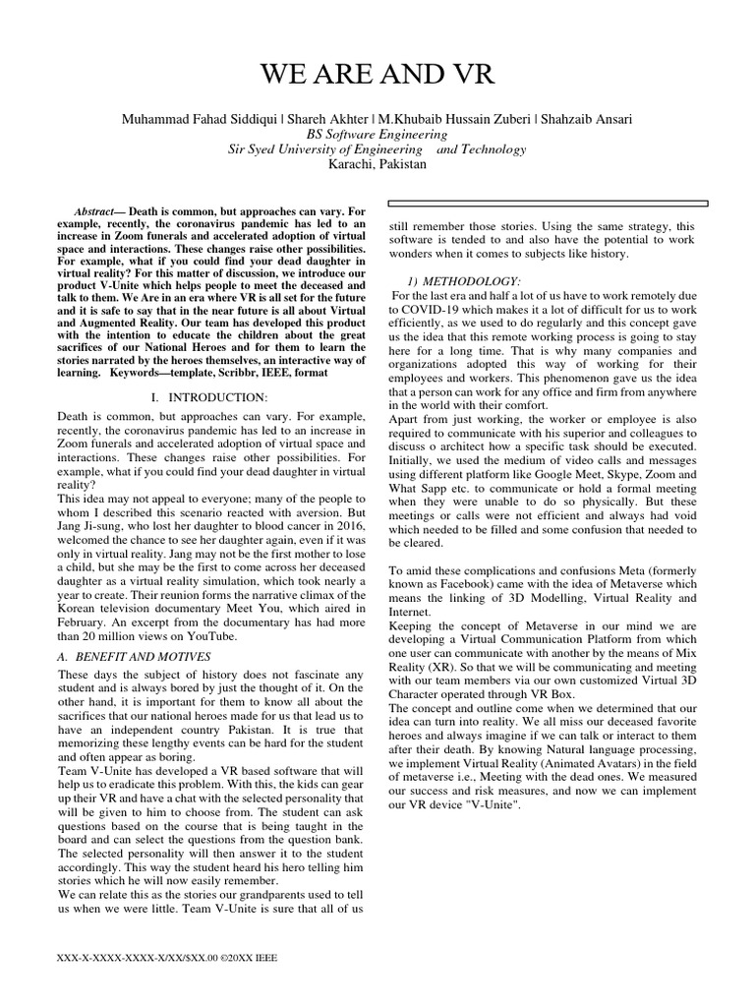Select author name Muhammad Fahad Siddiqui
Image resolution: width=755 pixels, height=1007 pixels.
pos(198,119)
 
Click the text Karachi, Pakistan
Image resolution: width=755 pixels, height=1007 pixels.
pos(377,164)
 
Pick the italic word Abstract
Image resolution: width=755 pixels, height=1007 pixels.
pos(94,212)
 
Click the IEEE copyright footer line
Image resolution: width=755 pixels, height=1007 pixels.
pos(168,957)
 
